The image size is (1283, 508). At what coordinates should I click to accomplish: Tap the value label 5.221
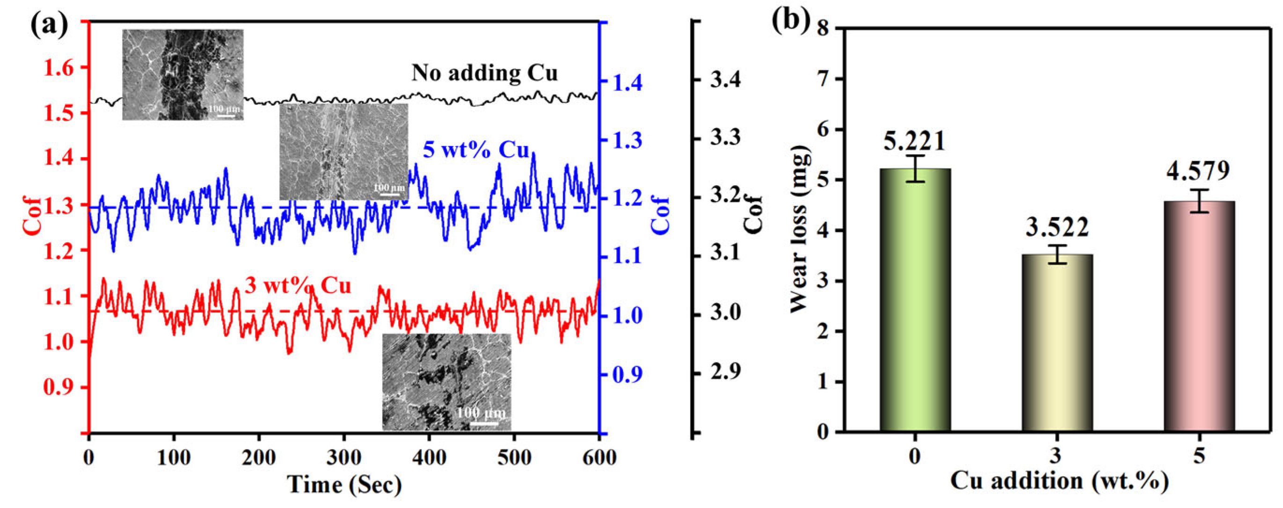click(x=914, y=141)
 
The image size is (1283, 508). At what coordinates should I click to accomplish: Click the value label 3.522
click(x=1057, y=228)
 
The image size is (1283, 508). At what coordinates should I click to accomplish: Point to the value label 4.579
click(x=1198, y=171)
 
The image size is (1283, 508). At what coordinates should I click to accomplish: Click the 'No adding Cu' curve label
click(x=484, y=73)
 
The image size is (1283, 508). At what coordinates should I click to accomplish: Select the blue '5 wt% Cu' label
click(x=476, y=149)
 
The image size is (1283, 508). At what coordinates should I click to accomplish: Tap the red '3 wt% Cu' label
click(x=298, y=286)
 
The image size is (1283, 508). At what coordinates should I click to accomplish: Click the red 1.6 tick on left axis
click(x=59, y=68)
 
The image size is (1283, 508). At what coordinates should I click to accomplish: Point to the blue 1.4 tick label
click(x=627, y=83)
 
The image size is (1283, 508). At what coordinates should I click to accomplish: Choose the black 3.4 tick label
click(x=725, y=80)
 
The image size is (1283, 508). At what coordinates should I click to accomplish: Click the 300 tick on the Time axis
click(x=343, y=457)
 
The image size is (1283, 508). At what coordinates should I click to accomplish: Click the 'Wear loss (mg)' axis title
click(x=800, y=229)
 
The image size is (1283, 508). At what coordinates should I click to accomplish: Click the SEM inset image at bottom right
click(x=446, y=382)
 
